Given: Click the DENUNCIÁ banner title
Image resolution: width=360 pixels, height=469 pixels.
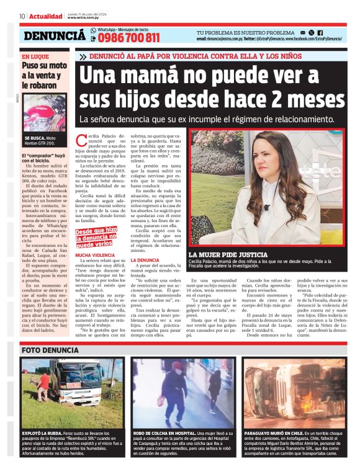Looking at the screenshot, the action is (55, 36).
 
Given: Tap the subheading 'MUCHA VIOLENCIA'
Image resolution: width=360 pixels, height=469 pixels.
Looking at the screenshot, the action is (95, 255).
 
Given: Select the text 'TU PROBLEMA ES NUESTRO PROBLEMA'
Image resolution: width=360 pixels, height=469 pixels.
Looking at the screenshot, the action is (245, 32).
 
